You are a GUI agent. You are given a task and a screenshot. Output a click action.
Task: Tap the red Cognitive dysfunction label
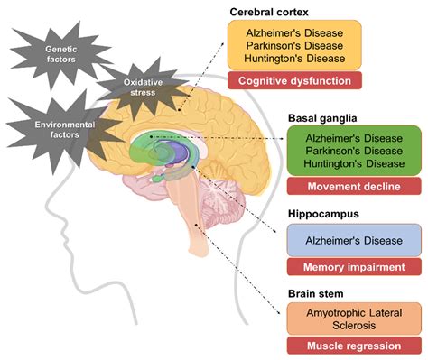(x=294, y=81)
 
